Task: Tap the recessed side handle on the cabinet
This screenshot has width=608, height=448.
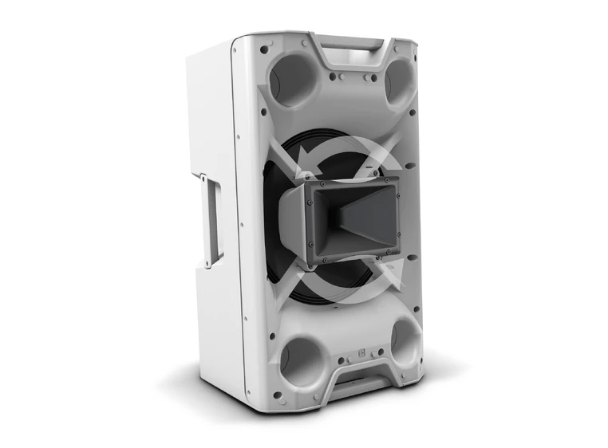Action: [x=213, y=221]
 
